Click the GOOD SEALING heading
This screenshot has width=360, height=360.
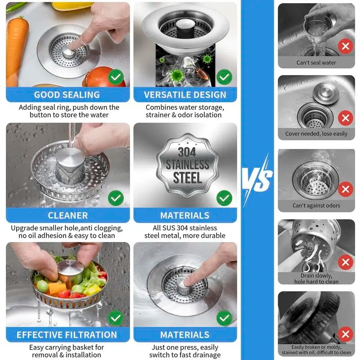coord(67,94)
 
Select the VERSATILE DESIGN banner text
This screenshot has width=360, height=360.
coord(185,94)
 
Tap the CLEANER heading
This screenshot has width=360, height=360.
coord(67,215)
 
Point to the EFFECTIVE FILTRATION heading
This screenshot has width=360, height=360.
coord(67,335)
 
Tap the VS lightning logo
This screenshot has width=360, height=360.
coord(257,179)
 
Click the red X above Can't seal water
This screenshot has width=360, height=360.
coord(345,46)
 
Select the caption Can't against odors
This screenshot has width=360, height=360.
coord(316,206)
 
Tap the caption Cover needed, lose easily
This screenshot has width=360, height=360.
coord(316,134)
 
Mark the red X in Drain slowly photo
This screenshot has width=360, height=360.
coord(345,262)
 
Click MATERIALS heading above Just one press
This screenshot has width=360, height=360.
coord(185,335)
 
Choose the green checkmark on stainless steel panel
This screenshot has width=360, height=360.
coord(224,197)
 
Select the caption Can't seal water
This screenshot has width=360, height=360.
coord(316,63)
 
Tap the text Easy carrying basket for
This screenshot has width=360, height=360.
coord(67,347)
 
